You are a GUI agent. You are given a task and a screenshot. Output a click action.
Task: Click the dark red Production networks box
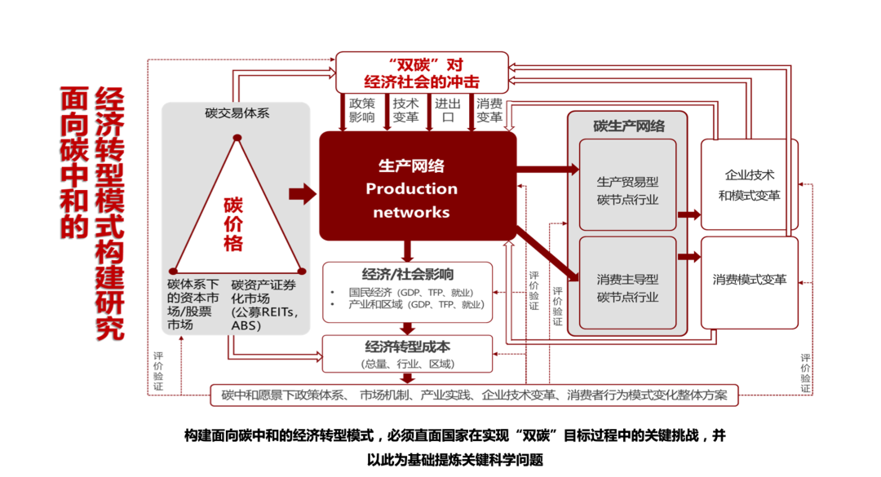coord(417,187)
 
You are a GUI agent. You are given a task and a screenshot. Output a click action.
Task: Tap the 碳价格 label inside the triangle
coord(234,223)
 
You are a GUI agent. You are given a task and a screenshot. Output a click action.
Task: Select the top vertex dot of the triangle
coord(237,138)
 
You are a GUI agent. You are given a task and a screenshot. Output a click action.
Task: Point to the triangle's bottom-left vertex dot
coord(173,271)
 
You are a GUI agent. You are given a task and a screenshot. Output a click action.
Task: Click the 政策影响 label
coord(361,110)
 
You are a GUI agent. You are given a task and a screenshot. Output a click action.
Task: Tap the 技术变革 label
coord(405,110)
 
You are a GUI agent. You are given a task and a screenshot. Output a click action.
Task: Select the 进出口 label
coord(447,110)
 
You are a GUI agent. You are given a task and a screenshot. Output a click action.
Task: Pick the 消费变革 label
coord(489,110)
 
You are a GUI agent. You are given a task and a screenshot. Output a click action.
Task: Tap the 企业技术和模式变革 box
coord(749,185)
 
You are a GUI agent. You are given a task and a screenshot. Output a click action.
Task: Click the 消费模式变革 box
coord(749,280)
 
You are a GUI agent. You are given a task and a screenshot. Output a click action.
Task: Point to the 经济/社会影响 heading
coord(408,274)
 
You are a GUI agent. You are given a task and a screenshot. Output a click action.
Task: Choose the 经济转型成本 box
coord(408,352)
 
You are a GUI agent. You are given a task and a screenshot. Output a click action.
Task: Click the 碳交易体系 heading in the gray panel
coord(237,113)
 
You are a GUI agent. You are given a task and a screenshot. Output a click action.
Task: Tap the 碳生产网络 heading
coord(628,126)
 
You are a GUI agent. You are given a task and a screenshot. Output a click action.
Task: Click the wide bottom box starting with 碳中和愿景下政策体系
coord(473,395)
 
